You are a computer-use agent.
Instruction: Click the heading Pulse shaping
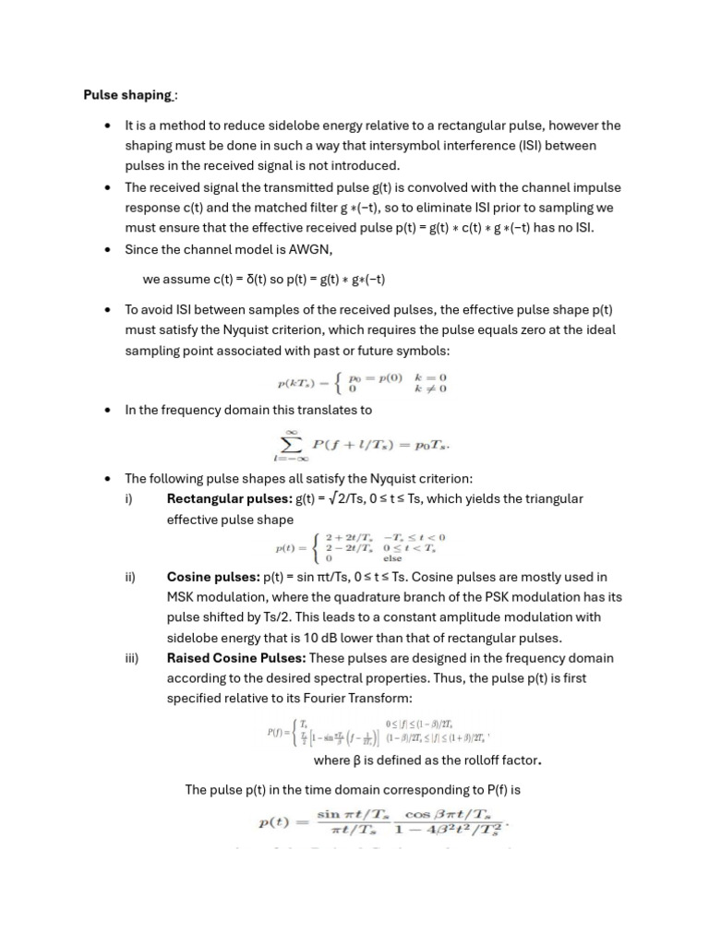127,94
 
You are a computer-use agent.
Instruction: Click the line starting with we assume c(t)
264,279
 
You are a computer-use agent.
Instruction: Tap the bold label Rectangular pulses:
229,498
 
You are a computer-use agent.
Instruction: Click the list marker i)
129,498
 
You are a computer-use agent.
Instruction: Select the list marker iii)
131,658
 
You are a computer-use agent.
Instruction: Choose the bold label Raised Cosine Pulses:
236,658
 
